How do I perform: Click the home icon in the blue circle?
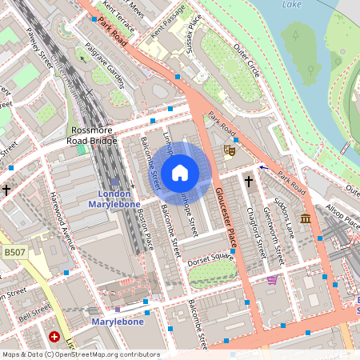pyautogui.click(x=180, y=173)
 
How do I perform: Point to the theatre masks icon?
pyautogui.click(x=230, y=148)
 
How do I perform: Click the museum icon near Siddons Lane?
pyautogui.click(x=306, y=218)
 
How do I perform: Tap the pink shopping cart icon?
pyautogui.click(x=272, y=280)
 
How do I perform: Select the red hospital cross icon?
pyautogui.click(x=55, y=338)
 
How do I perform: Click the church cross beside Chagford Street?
pyautogui.click(x=248, y=182)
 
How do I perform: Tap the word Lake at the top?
pyautogui.click(x=294, y=5)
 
